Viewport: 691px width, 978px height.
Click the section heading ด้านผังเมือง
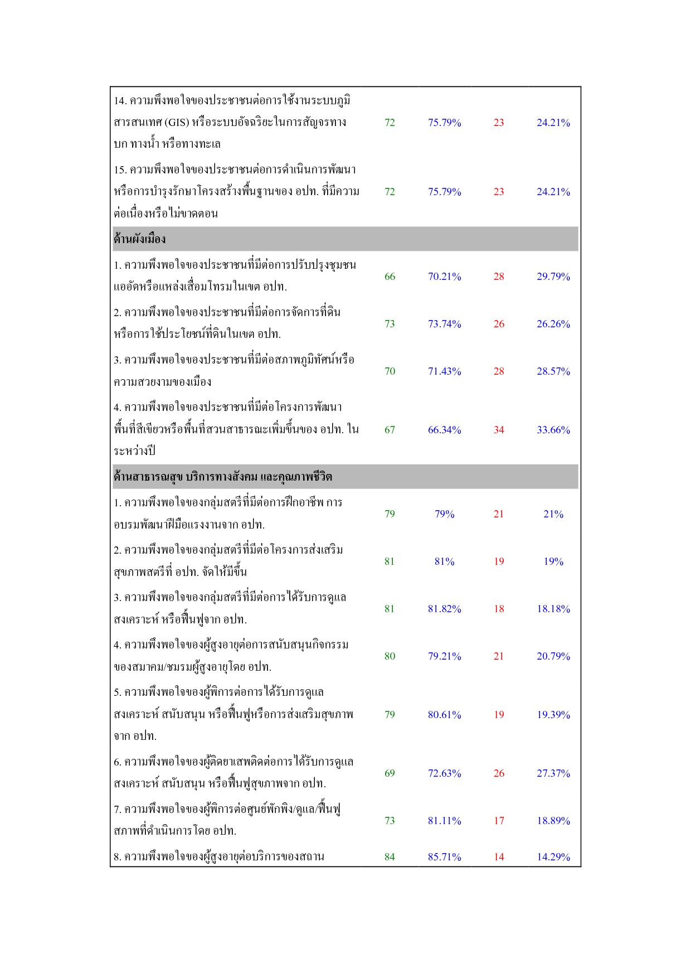[x=139, y=239]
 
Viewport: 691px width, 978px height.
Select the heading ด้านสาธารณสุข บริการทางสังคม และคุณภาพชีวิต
[x=222, y=477]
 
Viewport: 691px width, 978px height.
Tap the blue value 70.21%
[x=444, y=277]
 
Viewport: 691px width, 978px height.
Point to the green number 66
[x=390, y=277]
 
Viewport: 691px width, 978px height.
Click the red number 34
[x=498, y=430]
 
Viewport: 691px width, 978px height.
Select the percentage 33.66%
[x=553, y=430]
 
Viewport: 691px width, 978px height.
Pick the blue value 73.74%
[x=444, y=324]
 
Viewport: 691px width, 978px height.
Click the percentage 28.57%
[x=553, y=371]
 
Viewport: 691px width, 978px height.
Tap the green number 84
[x=390, y=857]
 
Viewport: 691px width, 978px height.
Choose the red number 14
[x=498, y=857]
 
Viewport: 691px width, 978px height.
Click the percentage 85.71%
[x=444, y=857]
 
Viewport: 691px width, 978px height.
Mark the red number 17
[x=498, y=821]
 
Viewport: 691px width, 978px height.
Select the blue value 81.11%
[x=444, y=821]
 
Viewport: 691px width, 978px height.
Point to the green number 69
[x=390, y=773]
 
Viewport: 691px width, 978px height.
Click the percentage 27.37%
[x=553, y=773]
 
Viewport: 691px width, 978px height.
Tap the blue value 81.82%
[x=444, y=609]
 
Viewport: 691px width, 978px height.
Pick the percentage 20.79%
[x=553, y=656]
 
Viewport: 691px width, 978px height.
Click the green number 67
[x=390, y=430]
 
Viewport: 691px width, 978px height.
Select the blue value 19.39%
[x=553, y=715]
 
